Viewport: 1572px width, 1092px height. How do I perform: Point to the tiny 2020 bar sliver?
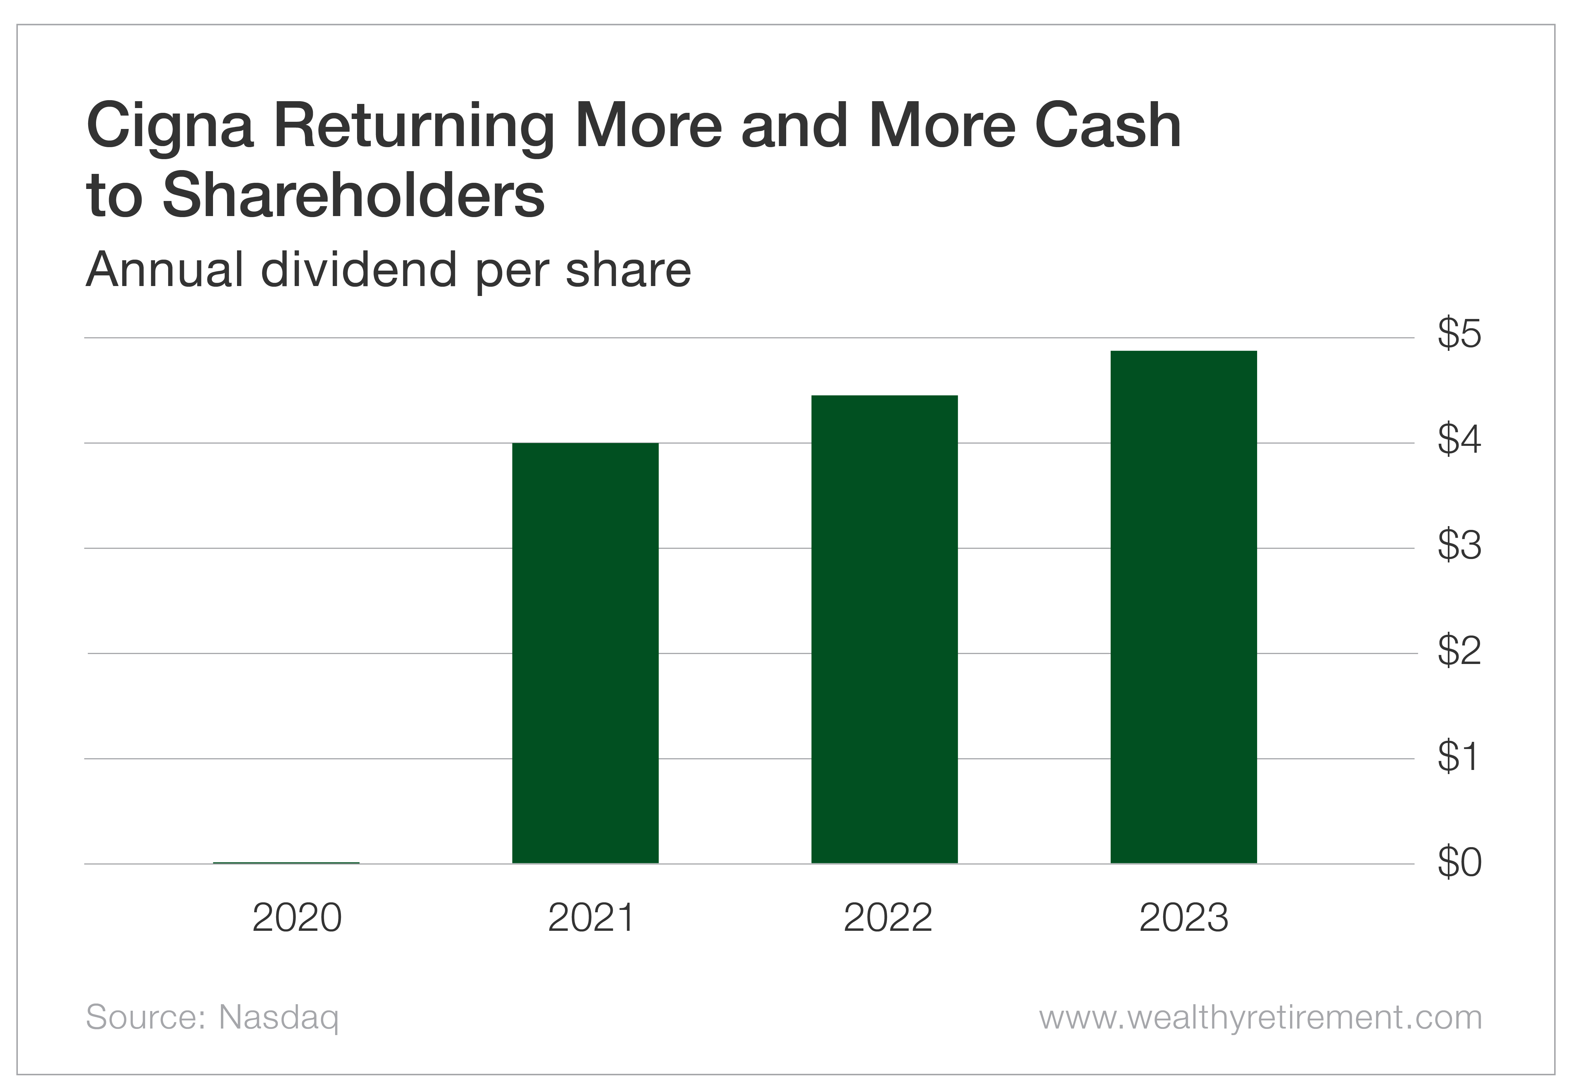[x=286, y=863]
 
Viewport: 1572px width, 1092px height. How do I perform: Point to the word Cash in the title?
[x=1107, y=127]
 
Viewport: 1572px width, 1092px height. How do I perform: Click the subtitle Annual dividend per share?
[x=388, y=270]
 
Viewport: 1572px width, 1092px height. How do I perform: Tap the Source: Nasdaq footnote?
[x=212, y=1018]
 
